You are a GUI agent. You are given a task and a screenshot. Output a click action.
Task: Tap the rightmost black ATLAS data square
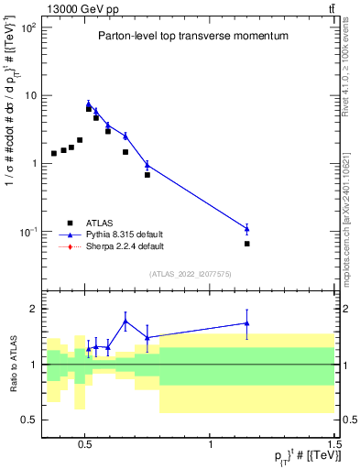click(x=247, y=244)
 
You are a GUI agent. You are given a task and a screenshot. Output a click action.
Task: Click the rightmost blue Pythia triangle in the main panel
click(x=247, y=228)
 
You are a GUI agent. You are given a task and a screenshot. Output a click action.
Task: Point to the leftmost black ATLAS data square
click(x=54, y=153)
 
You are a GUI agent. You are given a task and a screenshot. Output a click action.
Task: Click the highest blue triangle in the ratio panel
click(x=125, y=322)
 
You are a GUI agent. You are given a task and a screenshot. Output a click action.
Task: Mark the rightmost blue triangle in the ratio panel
click(x=247, y=323)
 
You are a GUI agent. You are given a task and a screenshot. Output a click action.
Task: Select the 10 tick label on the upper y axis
click(x=31, y=95)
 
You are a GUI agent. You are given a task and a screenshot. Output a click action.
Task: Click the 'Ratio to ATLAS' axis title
click(x=12, y=364)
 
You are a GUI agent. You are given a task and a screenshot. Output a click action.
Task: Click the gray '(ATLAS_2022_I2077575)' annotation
click(x=191, y=274)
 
